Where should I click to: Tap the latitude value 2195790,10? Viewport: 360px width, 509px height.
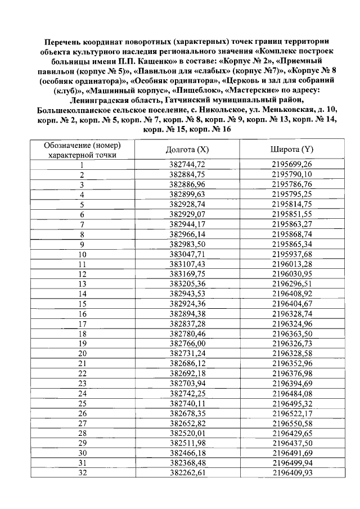(291, 175)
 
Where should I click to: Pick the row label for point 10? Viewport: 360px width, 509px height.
(82, 254)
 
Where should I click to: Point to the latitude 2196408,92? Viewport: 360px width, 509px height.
(291, 294)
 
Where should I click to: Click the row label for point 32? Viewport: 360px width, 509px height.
(82, 473)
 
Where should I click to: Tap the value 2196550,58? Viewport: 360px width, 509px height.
(291, 423)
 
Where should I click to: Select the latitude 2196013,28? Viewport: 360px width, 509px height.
(291, 264)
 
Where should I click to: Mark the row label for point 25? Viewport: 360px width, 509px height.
(82, 403)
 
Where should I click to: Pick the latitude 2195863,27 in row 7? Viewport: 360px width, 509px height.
(291, 224)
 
